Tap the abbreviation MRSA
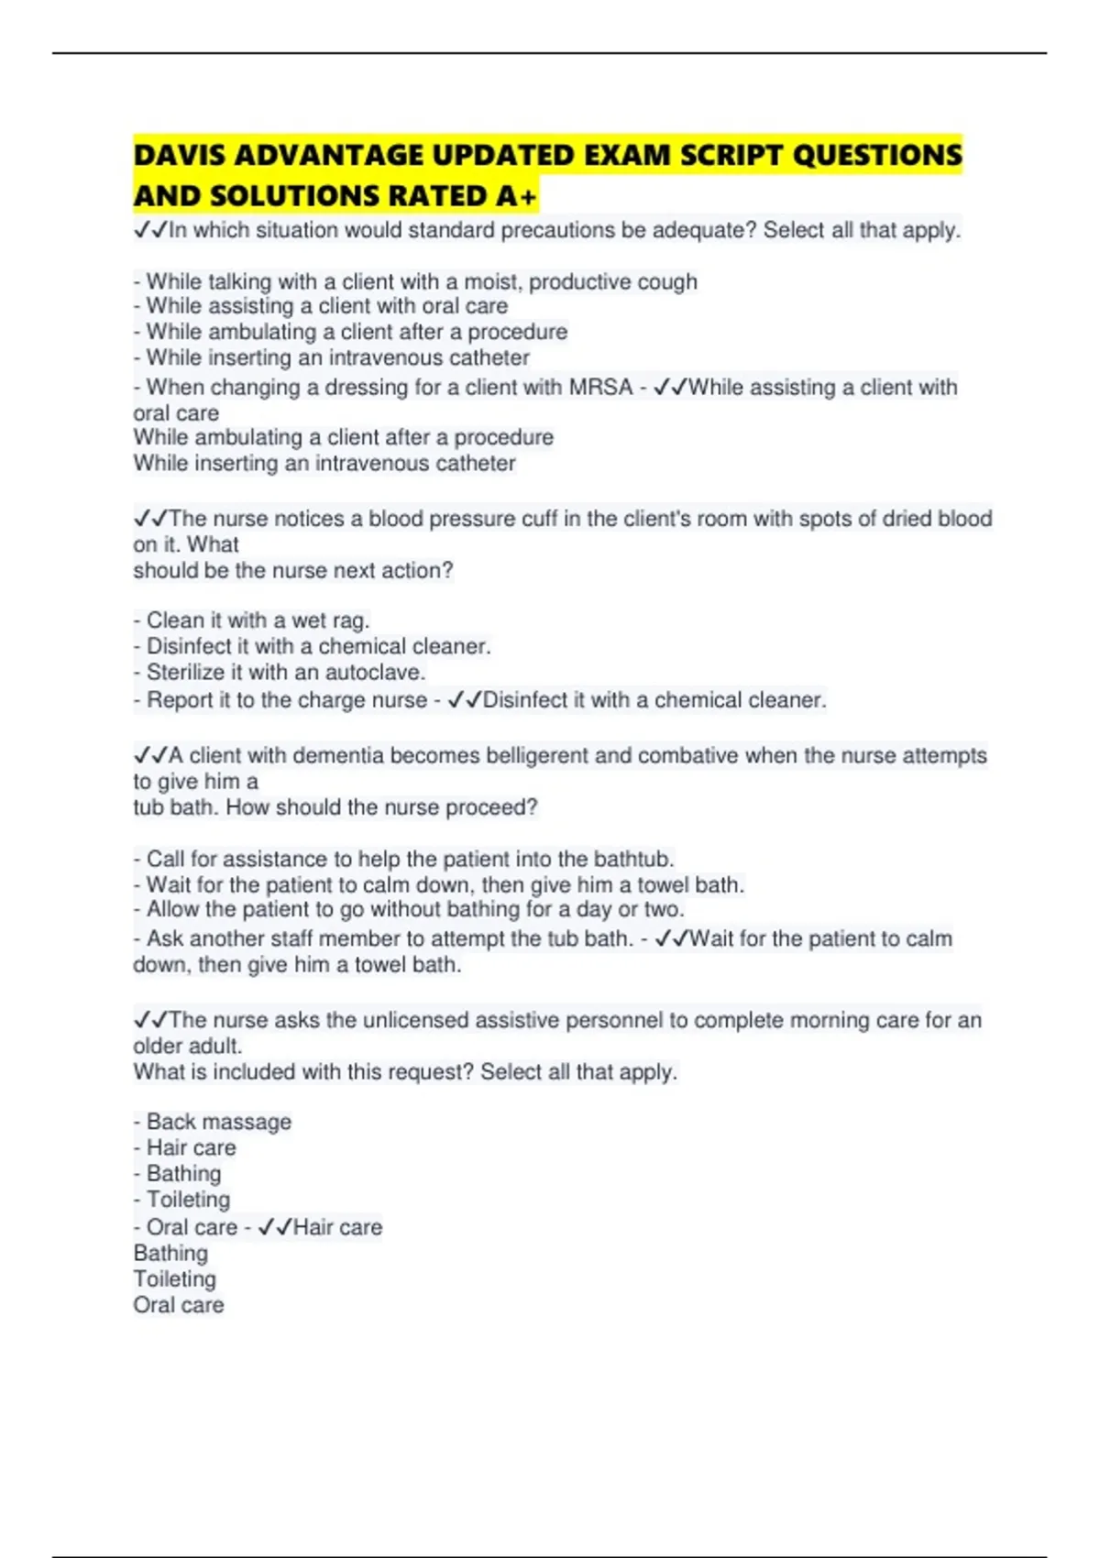pos(601,388)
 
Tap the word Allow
pos(172,910)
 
